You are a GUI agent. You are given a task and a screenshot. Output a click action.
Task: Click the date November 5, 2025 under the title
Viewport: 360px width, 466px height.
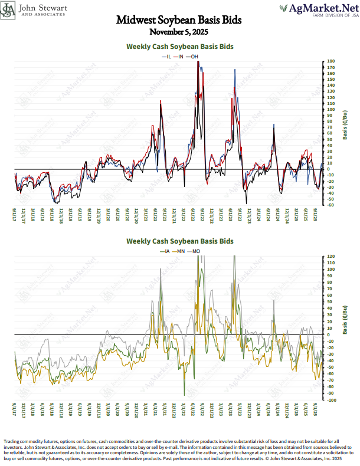[179, 31]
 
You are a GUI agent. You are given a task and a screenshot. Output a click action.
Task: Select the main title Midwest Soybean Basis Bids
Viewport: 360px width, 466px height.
[179, 20]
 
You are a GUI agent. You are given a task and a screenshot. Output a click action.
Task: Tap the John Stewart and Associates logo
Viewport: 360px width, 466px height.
[35, 10]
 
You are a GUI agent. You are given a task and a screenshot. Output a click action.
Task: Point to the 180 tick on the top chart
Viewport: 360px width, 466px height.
[331, 61]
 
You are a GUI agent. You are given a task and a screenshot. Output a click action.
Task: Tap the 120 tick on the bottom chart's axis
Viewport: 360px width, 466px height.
[331, 257]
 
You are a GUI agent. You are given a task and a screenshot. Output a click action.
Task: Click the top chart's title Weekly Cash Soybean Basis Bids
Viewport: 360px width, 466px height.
[180, 46]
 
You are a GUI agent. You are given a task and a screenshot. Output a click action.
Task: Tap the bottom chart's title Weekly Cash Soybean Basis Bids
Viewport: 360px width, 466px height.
[180, 241]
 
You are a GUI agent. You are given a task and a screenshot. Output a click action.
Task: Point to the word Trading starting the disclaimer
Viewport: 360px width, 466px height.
[13, 441]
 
